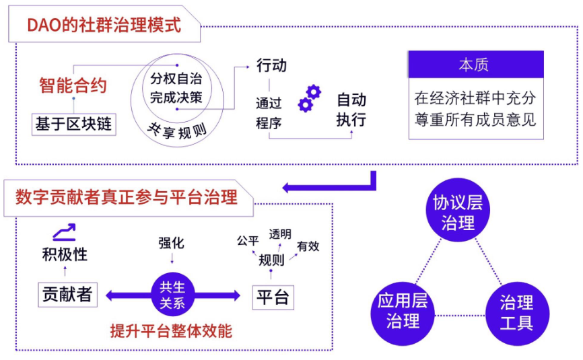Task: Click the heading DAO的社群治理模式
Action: coord(104,25)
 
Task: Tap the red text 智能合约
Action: coord(73,85)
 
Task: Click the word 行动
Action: coord(271,65)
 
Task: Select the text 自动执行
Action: coord(351,110)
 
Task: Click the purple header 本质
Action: coord(474,65)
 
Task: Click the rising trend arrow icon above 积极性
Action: coord(65,233)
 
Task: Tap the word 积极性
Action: coord(65,254)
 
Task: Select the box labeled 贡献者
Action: coord(67,295)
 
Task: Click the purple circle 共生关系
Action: coord(172,295)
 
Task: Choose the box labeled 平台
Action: coord(273,297)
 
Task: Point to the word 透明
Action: coord(280,234)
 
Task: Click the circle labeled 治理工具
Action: coord(516,312)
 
